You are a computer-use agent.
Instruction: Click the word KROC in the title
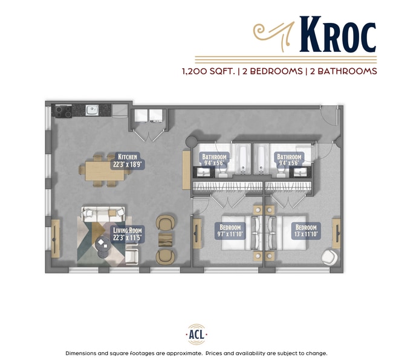(337, 36)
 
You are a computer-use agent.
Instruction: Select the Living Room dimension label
(127, 234)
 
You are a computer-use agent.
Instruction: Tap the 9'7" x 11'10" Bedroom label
(230, 230)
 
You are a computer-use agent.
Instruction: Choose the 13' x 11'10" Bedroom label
(305, 230)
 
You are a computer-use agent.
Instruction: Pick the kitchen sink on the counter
(92, 111)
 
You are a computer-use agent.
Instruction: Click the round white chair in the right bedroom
(330, 256)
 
